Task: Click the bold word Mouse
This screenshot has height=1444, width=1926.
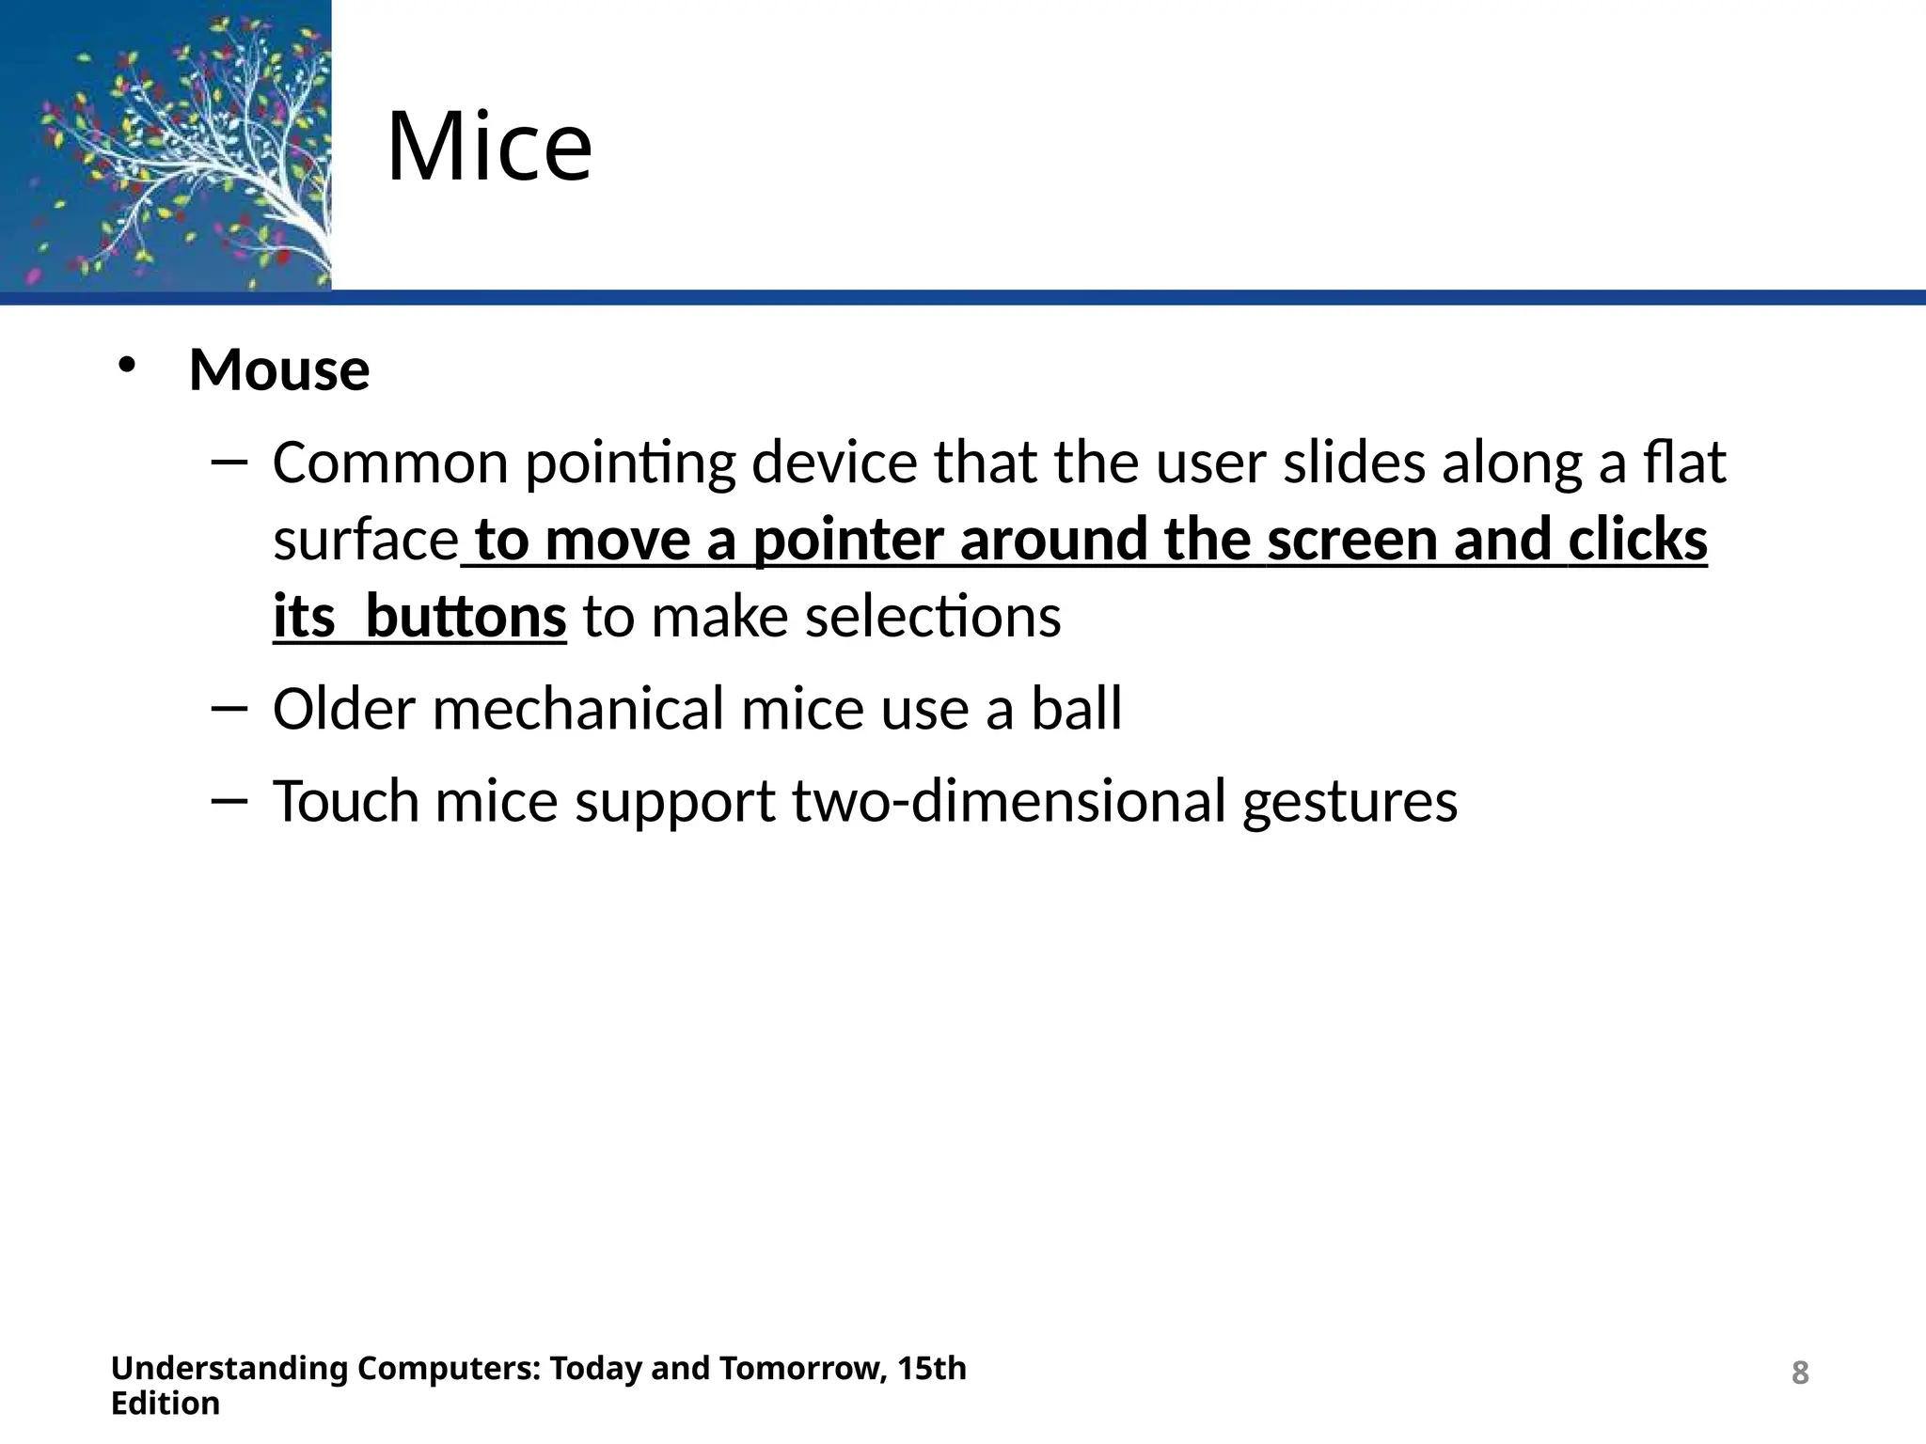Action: click(x=279, y=369)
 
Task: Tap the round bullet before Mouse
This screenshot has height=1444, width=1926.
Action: click(x=127, y=366)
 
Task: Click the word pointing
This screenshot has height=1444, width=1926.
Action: click(x=629, y=464)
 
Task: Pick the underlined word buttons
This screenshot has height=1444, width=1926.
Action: click(x=466, y=618)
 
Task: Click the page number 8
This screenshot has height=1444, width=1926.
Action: click(x=1799, y=1373)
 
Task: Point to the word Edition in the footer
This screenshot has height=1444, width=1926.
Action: click(x=166, y=1404)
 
